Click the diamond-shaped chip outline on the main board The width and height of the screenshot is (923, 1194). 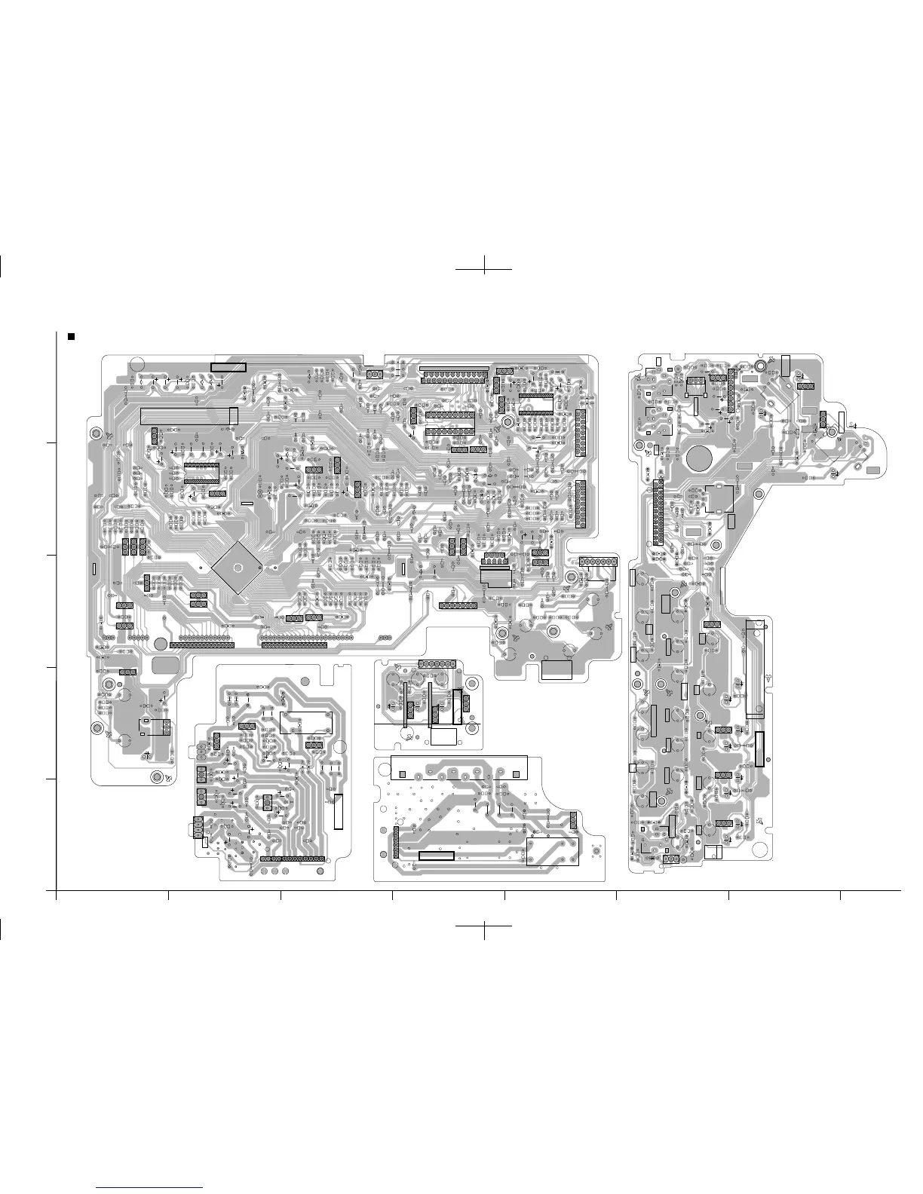(x=236, y=567)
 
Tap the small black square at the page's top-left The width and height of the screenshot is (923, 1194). (x=71, y=336)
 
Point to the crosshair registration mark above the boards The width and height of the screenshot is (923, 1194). (x=484, y=268)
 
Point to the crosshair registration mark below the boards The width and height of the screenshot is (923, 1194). (x=484, y=926)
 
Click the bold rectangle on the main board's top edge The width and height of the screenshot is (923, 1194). (x=228, y=367)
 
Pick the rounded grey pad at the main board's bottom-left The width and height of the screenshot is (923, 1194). (x=165, y=666)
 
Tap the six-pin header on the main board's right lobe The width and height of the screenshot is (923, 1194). (x=598, y=562)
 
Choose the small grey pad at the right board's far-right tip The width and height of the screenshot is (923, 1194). (x=873, y=470)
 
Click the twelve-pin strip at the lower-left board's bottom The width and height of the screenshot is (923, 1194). (x=293, y=859)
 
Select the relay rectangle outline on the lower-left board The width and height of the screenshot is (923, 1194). (x=305, y=722)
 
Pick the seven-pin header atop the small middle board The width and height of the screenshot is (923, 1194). (x=438, y=663)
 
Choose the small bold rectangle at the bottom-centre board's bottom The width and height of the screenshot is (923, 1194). (x=436, y=856)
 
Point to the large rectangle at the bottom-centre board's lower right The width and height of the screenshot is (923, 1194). (x=553, y=852)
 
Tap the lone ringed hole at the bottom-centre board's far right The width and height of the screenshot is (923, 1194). (x=596, y=851)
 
